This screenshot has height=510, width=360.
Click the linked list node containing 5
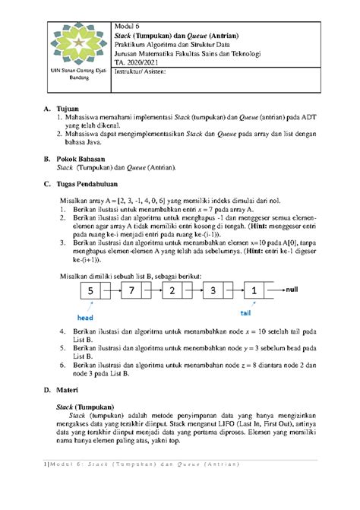(89, 291)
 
